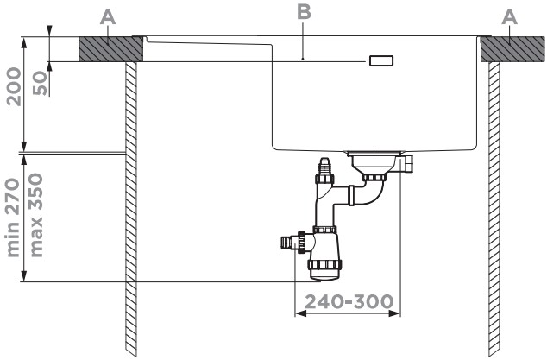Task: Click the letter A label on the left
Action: click(x=108, y=17)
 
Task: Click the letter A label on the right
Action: click(x=509, y=17)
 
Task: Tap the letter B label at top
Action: click(x=304, y=11)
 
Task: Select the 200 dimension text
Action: click(x=15, y=87)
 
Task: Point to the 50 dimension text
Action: click(x=40, y=83)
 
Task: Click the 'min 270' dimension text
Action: click(x=14, y=218)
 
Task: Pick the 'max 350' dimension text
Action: click(x=36, y=216)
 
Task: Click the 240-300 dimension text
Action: click(x=349, y=301)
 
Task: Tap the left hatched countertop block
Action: click(x=111, y=49)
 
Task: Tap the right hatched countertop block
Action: click(x=512, y=49)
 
